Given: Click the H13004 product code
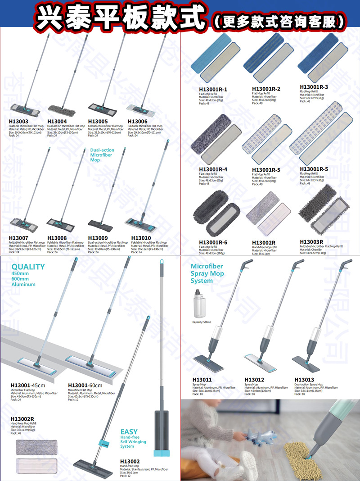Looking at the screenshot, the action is pyautogui.click(x=57, y=122).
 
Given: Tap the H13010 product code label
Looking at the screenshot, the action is pyautogui.click(x=141, y=238).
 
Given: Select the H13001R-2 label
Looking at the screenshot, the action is pyautogui.click(x=266, y=89).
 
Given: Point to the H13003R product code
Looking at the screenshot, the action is pyautogui.click(x=311, y=242).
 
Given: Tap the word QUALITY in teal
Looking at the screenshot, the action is pyautogui.click(x=28, y=267).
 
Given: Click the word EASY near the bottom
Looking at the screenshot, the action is pyautogui.click(x=129, y=432).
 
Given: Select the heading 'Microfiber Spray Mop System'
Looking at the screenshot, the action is pyautogui.click(x=207, y=273).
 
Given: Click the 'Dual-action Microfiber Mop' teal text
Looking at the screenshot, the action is pyautogui.click(x=102, y=155).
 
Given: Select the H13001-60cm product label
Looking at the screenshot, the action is pyautogui.click(x=85, y=385).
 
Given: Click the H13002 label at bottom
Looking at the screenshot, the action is pyautogui.click(x=130, y=461).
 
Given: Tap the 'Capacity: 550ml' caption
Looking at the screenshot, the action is pyautogui.click(x=202, y=322).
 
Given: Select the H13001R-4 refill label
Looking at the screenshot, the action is pyautogui.click(x=213, y=169).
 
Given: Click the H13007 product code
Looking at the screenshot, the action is pyautogui.click(x=18, y=238).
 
